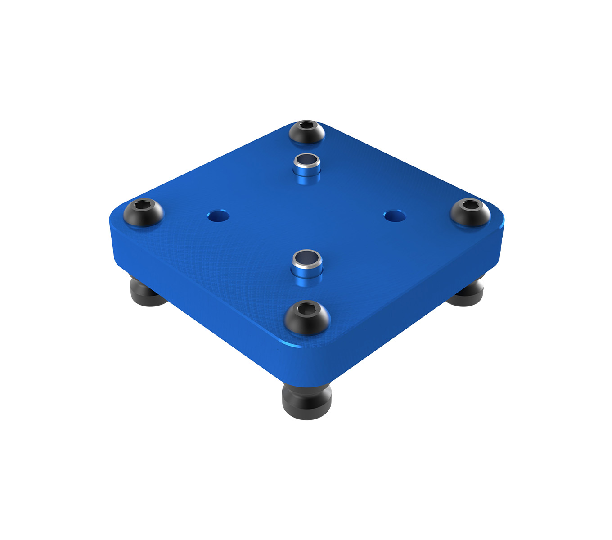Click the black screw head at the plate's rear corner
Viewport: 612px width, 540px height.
[307, 132]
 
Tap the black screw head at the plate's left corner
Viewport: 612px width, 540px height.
[144, 212]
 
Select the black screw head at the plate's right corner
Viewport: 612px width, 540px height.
[470, 212]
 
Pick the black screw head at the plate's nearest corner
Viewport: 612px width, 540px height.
[307, 317]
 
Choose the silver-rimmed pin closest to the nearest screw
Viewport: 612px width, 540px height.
[307, 267]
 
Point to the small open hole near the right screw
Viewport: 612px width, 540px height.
[395, 216]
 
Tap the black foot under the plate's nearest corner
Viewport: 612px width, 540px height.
[307, 400]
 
